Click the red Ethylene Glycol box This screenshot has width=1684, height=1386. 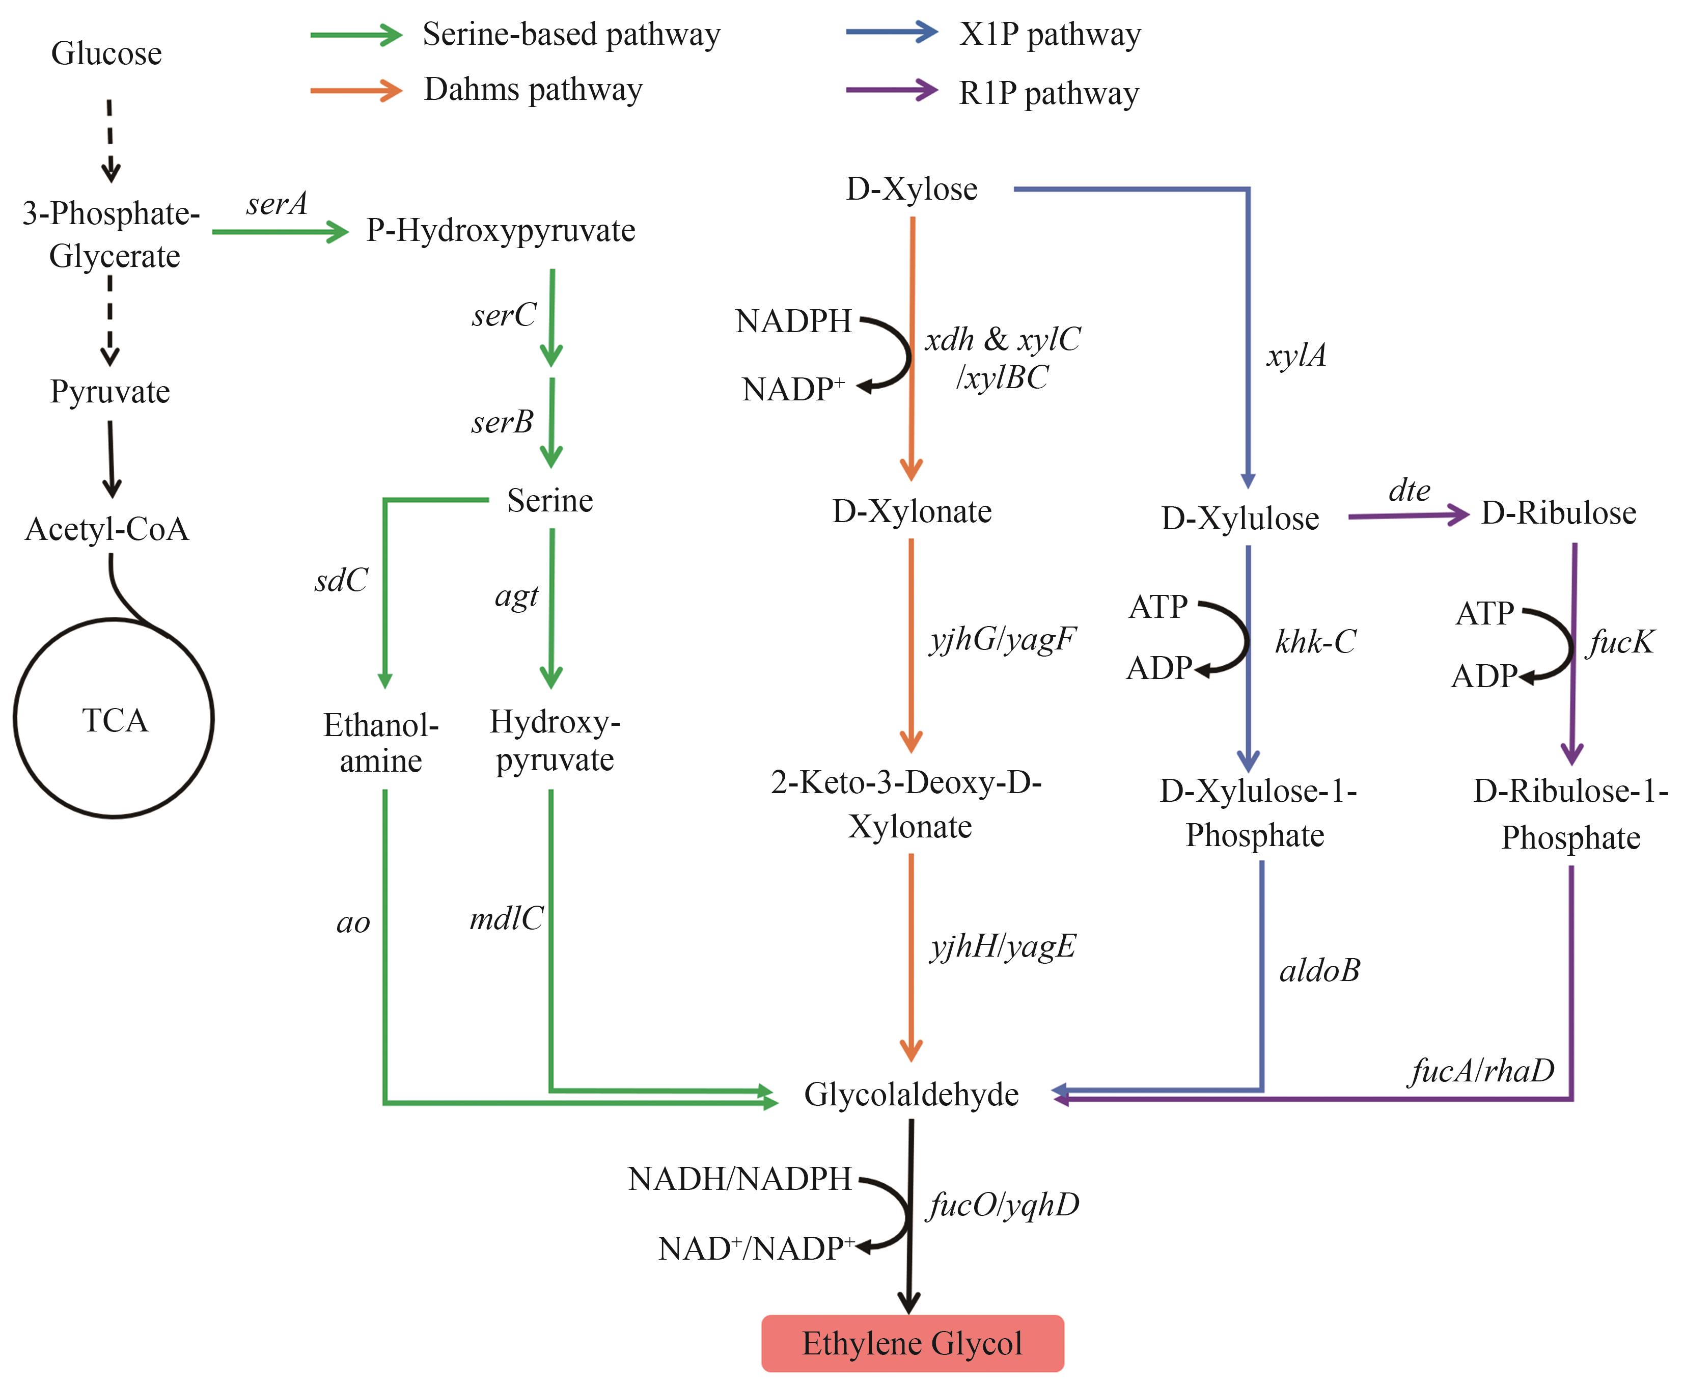click(x=912, y=1344)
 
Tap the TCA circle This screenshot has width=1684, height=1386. click(x=114, y=719)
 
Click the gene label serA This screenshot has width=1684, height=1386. click(x=276, y=204)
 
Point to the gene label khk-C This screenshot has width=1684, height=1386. click(x=1315, y=641)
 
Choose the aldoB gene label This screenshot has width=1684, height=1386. click(x=1320, y=970)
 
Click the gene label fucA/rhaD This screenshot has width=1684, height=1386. click(x=1482, y=1071)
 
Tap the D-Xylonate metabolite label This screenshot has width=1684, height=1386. click(x=912, y=511)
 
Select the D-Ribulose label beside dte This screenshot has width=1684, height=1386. click(x=1558, y=512)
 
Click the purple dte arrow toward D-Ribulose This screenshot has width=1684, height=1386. click(x=1408, y=516)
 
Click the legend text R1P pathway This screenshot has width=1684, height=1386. click(x=1048, y=93)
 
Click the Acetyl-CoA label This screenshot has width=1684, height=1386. click(x=107, y=529)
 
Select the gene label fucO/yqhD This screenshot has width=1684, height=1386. click(x=1003, y=1205)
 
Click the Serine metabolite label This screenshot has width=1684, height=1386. click(x=550, y=501)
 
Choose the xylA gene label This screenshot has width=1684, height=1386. click(x=1296, y=355)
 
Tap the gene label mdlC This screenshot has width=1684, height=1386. click(x=506, y=919)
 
